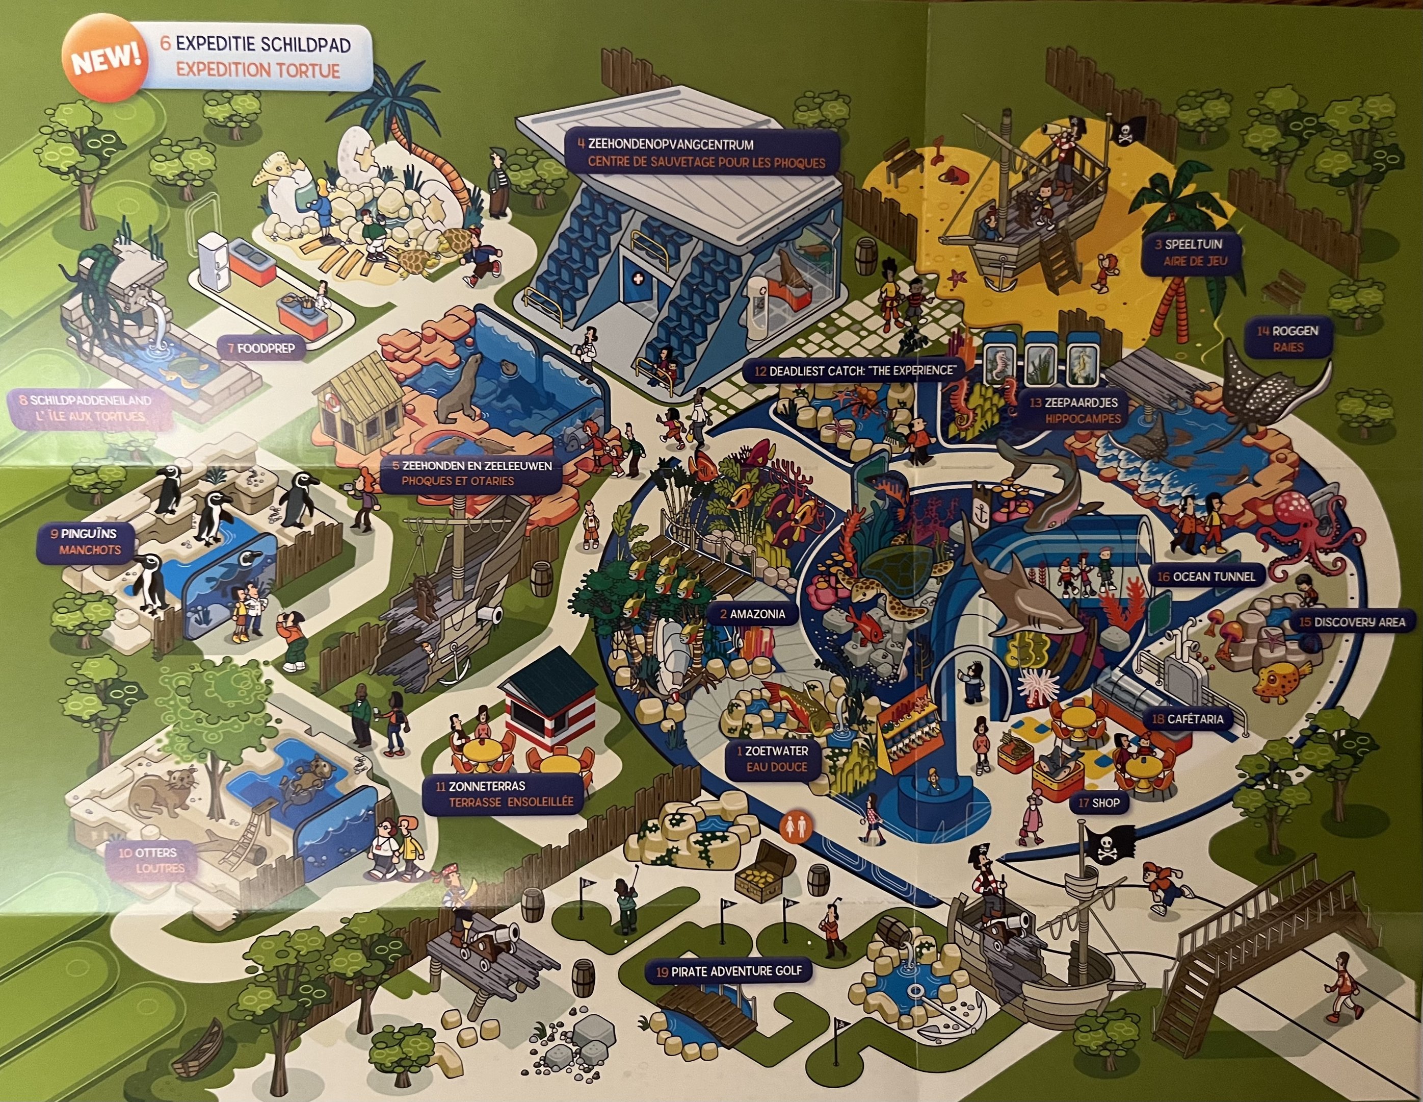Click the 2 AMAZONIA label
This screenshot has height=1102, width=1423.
753,614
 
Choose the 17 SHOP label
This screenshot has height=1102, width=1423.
1099,803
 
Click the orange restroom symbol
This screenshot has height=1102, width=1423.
794,826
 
